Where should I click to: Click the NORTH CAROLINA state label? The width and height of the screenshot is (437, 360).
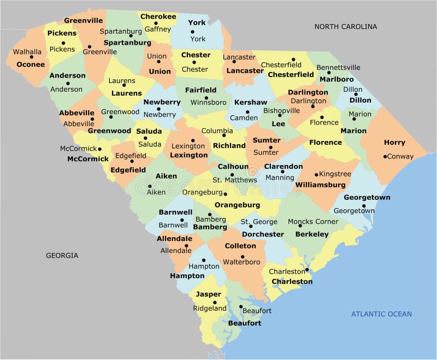(x=345, y=26)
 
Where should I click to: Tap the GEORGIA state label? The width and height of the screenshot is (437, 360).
(x=62, y=255)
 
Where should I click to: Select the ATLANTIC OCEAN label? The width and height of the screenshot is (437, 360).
(x=381, y=314)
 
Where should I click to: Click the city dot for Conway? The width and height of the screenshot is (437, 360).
(x=385, y=157)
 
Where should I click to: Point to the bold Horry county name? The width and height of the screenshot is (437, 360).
(x=394, y=143)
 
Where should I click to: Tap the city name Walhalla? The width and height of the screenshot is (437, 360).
(x=27, y=52)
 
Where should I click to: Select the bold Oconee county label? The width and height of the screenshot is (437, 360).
(x=31, y=64)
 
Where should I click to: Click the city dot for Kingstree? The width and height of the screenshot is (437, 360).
(x=316, y=175)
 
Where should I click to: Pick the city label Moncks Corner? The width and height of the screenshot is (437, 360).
(x=313, y=222)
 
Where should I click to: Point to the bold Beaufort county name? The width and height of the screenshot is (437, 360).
(x=245, y=323)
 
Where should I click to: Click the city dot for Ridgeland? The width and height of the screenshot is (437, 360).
(x=215, y=302)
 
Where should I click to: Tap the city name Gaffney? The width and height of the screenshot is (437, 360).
(x=158, y=29)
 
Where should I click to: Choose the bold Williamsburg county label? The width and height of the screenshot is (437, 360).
(x=321, y=185)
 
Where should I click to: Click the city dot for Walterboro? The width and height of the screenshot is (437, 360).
(x=243, y=257)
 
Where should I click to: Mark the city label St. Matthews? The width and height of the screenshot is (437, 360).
(x=235, y=180)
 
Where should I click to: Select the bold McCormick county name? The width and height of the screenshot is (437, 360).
(x=88, y=160)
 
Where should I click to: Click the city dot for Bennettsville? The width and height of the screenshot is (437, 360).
(x=329, y=73)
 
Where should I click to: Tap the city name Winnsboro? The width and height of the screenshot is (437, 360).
(x=208, y=102)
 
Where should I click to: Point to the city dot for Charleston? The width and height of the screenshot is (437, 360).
(x=308, y=270)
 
